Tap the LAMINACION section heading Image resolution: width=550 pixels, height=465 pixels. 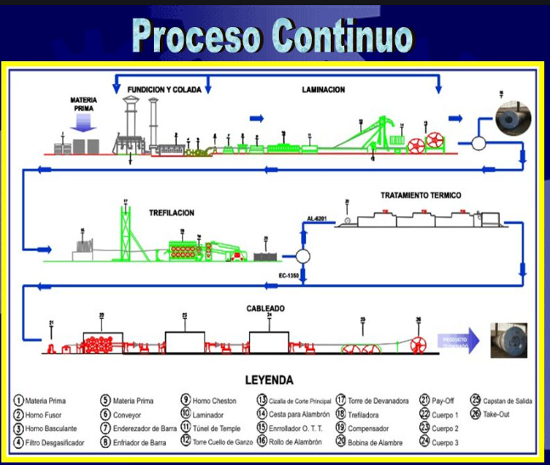pyautogui.click(x=323, y=89)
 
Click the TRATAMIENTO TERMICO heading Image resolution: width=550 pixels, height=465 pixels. pyautogui.click(x=421, y=195)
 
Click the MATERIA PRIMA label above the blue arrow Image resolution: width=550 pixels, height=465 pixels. pyautogui.click(x=84, y=105)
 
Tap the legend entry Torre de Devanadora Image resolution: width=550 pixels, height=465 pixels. pyautogui.click(x=383, y=401)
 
